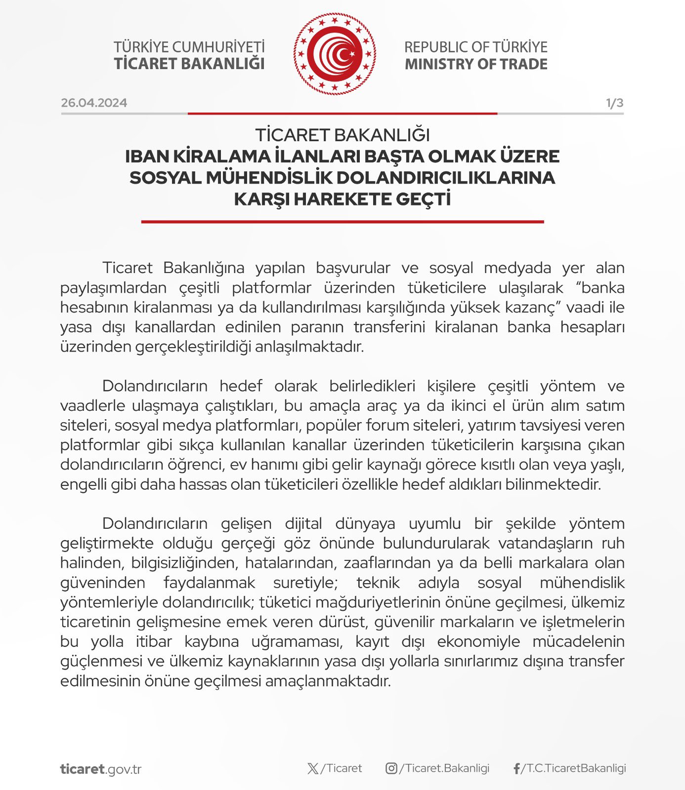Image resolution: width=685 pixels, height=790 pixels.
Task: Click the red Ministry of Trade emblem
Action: [x=335, y=54]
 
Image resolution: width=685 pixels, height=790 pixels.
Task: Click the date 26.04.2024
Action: [x=94, y=103]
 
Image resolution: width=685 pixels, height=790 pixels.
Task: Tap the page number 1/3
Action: [x=614, y=103]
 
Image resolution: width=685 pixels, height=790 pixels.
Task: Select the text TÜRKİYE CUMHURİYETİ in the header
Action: [x=189, y=47]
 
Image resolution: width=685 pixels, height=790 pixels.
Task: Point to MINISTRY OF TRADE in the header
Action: [x=476, y=64]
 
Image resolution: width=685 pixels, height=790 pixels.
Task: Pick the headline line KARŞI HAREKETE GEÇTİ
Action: [x=342, y=199]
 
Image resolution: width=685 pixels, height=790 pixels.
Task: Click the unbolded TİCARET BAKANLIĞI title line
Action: [x=342, y=135]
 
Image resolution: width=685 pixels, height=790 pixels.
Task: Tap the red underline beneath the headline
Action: [x=342, y=222]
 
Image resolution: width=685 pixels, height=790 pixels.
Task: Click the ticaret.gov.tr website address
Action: [x=101, y=769]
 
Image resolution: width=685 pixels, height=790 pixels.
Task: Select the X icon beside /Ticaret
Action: [x=313, y=768]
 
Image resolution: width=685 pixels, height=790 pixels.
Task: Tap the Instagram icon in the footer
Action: [x=391, y=768]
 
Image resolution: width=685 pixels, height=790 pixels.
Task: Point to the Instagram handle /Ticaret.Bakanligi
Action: [x=444, y=768]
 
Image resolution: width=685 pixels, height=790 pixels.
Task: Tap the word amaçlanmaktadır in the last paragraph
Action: [x=328, y=681]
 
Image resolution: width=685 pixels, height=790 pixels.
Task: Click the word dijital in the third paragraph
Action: [x=303, y=523]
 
